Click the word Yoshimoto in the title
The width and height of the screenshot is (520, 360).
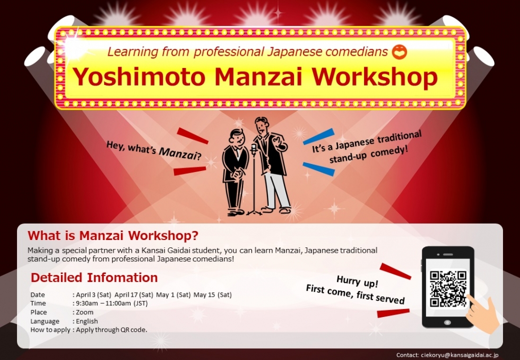(x=139, y=76)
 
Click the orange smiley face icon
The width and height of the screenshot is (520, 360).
(x=399, y=52)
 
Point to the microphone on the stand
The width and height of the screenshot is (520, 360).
(x=254, y=149)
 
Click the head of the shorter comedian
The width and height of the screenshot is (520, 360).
(x=237, y=136)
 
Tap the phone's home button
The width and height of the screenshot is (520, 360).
(x=447, y=322)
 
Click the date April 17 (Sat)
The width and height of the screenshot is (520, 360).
(x=134, y=295)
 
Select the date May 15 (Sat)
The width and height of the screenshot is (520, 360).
(x=213, y=295)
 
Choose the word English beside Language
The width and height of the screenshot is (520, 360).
(x=87, y=321)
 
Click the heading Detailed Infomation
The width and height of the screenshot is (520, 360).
(x=94, y=277)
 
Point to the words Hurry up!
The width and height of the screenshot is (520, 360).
(x=357, y=282)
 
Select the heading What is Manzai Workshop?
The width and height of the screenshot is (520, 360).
(x=112, y=236)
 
